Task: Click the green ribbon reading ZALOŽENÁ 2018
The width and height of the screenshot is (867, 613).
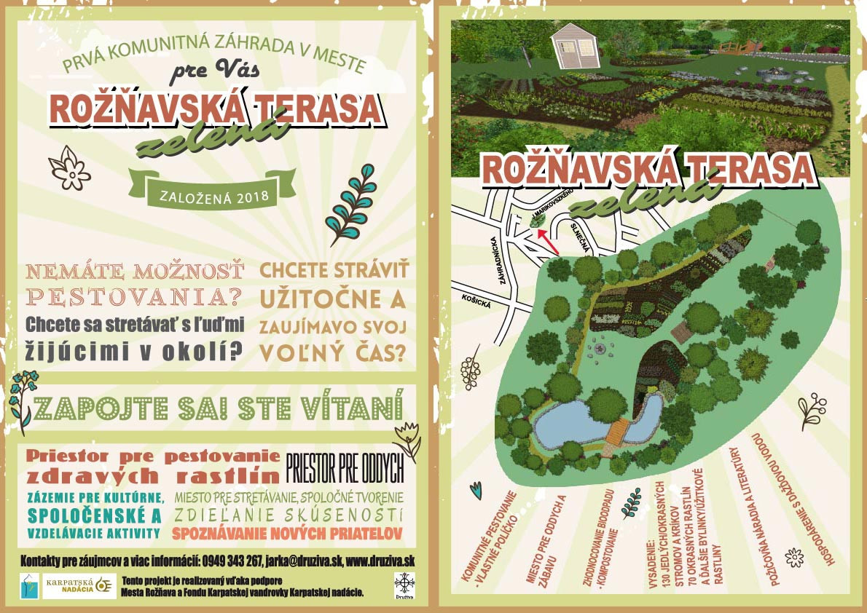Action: pos(212,196)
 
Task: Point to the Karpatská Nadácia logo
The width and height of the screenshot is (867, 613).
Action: pos(79,586)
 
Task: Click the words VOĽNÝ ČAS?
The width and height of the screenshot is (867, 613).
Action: pos(332,352)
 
